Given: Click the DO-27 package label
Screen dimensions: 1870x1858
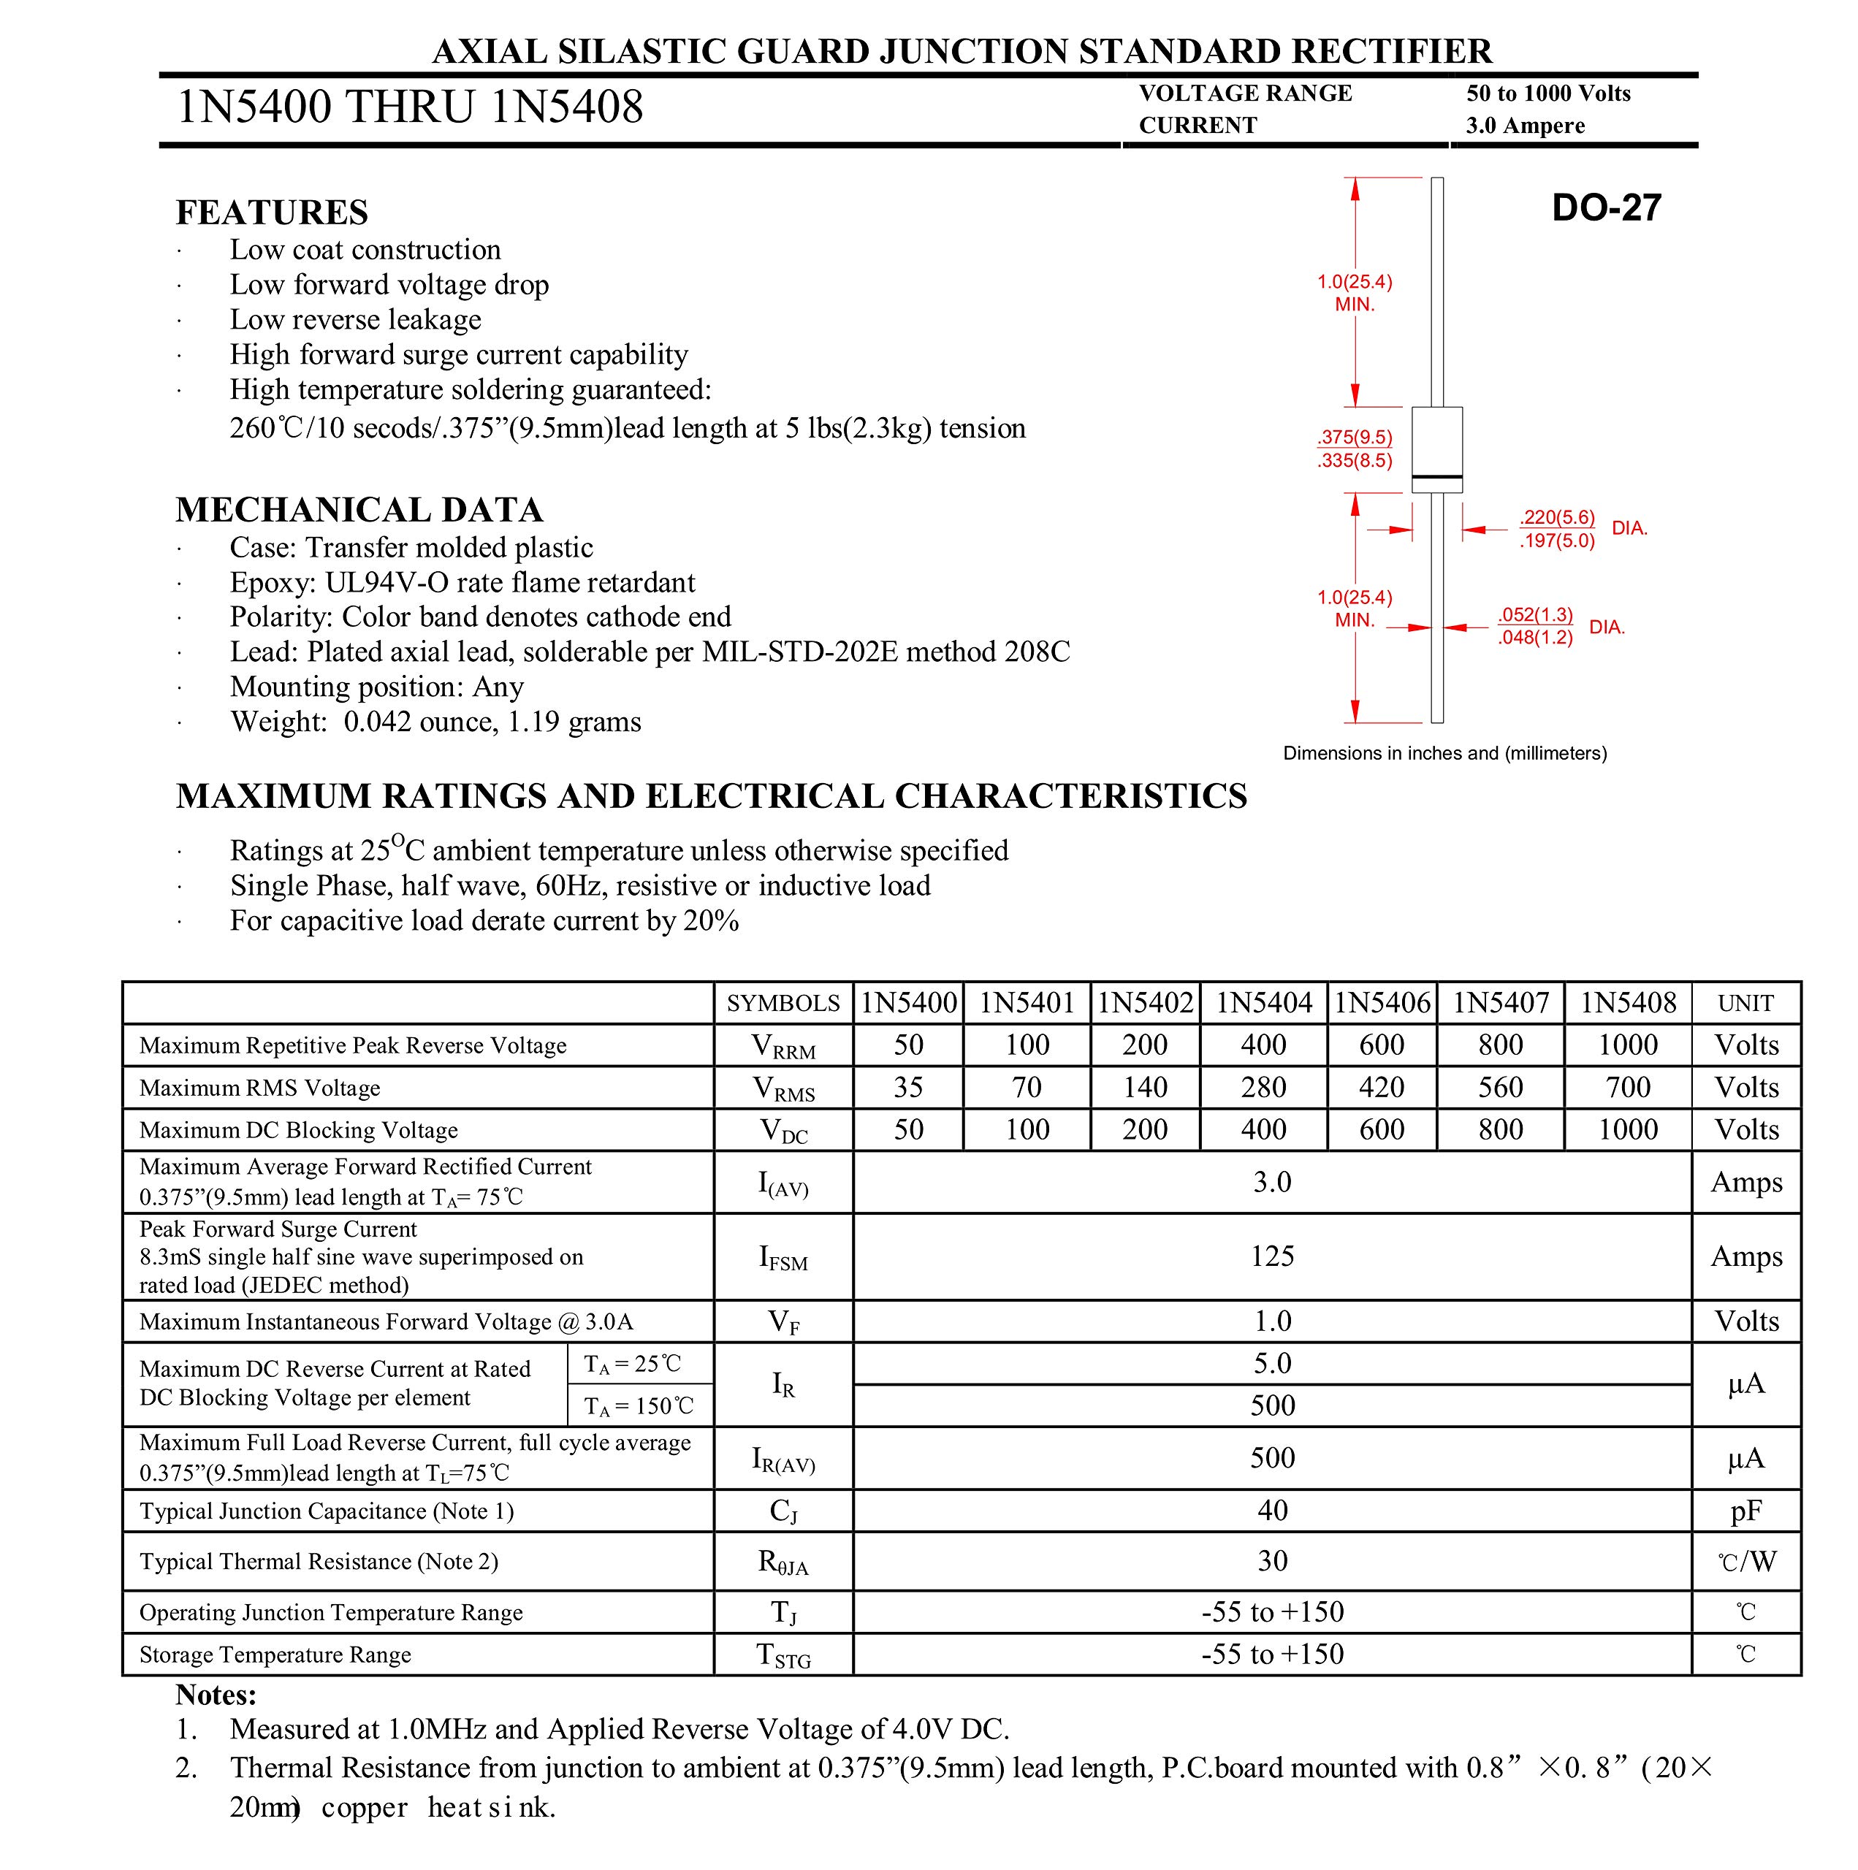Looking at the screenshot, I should [1605, 207].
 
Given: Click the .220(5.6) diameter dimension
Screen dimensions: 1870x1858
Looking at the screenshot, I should [1557, 518].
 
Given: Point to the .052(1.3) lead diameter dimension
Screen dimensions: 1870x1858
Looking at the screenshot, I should [1534, 614].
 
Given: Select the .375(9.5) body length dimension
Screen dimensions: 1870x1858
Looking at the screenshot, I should [1355, 438].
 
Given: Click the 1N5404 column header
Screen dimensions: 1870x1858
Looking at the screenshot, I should [1263, 1003].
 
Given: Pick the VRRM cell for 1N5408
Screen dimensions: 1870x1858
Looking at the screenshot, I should [1628, 1045].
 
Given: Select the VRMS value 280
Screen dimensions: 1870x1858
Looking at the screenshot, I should [1263, 1087].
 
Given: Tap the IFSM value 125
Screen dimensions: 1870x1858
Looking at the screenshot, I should [1272, 1256].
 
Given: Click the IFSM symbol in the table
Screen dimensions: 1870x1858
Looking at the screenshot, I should [783, 1257].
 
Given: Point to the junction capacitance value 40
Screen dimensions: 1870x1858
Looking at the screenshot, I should [1272, 1510].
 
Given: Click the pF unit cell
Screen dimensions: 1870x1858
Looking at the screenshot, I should [1745, 1510].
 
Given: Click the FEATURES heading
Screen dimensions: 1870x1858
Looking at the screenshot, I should [272, 212].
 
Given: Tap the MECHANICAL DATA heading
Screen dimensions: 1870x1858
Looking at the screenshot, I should [359, 510].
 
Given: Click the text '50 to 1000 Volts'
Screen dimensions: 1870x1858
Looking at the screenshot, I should [1548, 94].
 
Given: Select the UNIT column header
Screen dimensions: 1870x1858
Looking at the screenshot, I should [1745, 1003].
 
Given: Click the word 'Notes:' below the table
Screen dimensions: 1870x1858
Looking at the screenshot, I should [216, 1695].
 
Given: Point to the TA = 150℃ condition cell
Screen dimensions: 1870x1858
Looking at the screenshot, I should [639, 1405].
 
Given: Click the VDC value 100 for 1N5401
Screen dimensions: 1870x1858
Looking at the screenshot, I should [1027, 1129].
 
